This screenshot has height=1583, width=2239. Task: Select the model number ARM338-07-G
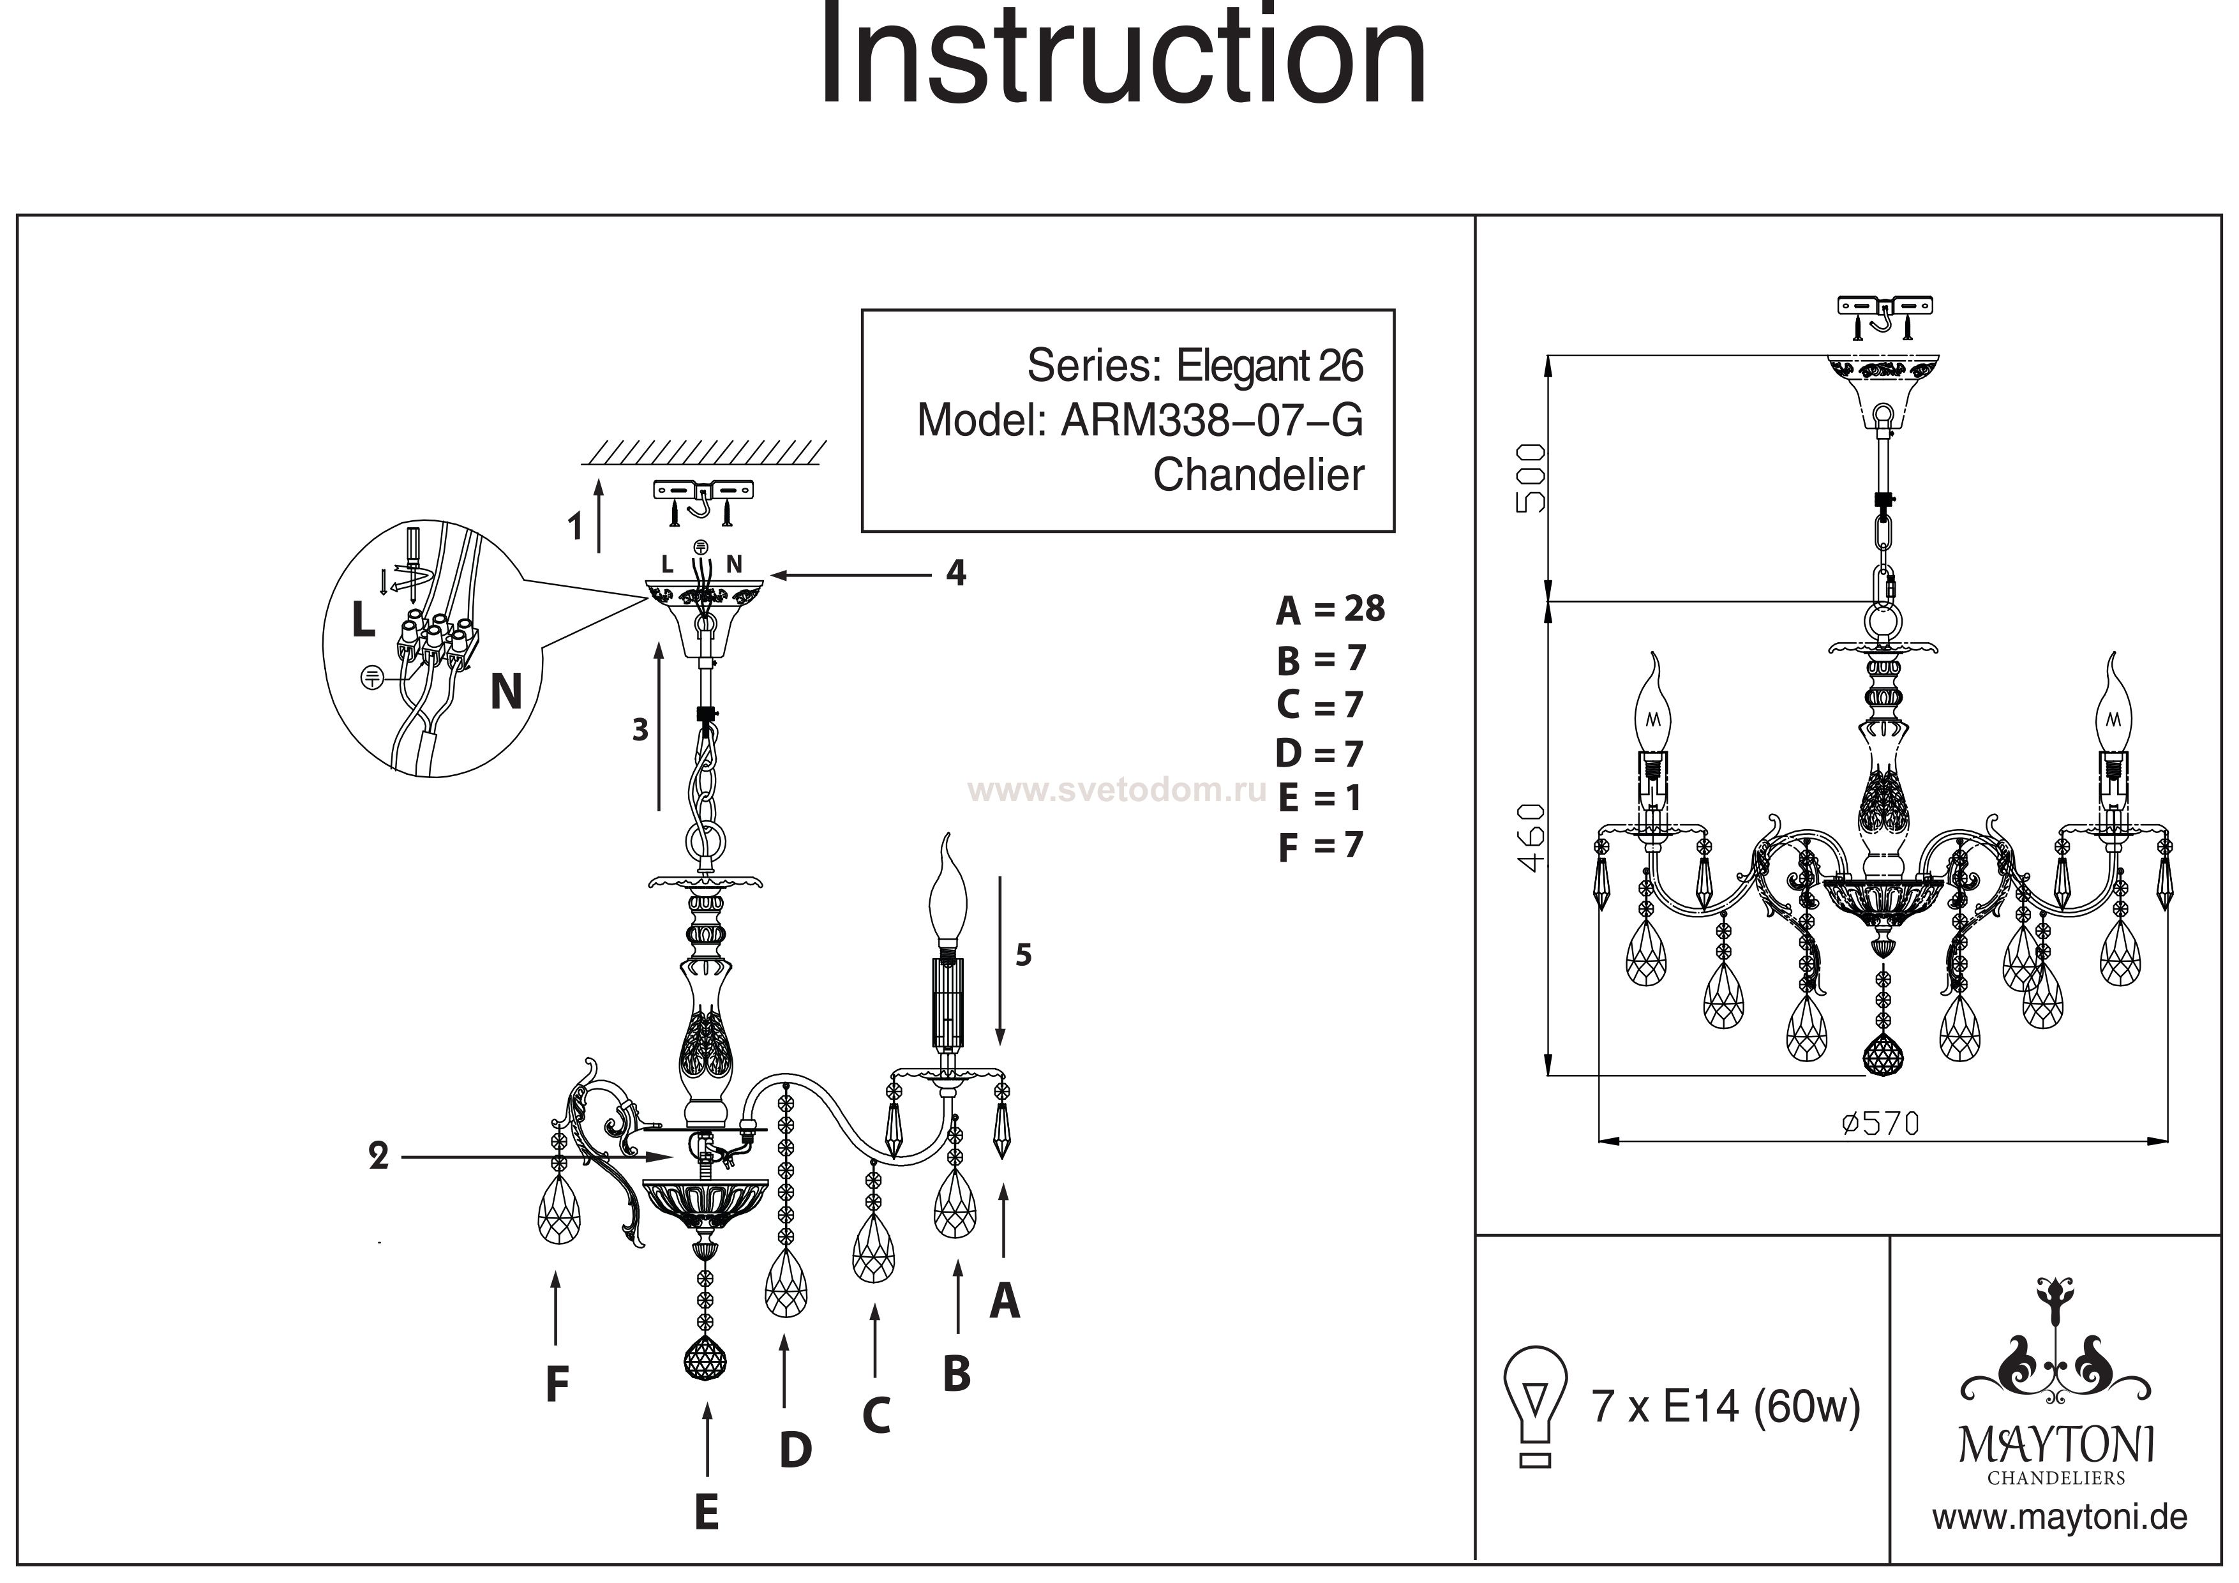[1211, 421]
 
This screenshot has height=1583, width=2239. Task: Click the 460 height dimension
[1532, 837]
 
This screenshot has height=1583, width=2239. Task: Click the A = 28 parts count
[1330, 610]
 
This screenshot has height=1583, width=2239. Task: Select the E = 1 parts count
[1319, 799]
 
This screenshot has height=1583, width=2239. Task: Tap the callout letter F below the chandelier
[557, 1383]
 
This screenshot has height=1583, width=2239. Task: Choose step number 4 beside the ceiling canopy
[955, 573]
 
